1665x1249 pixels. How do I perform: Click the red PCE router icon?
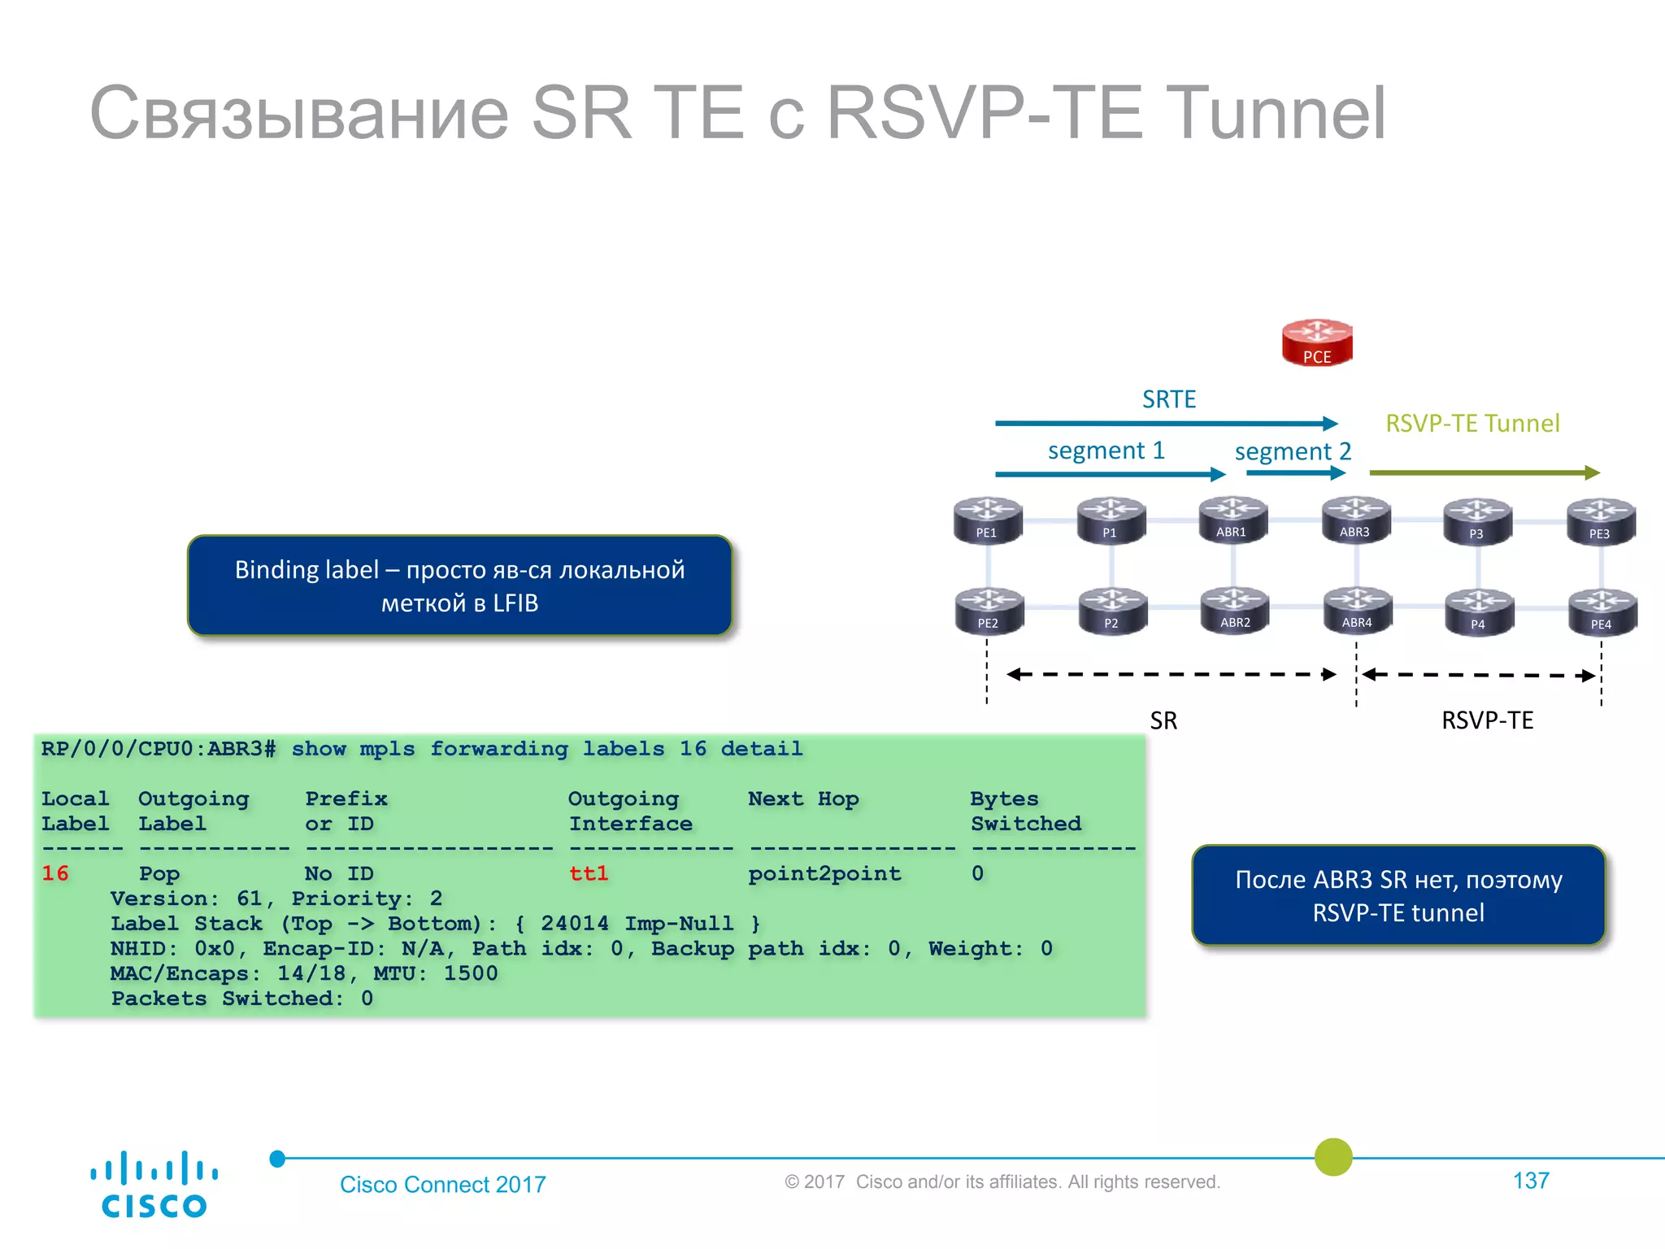[1317, 342]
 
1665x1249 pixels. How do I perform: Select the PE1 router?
[987, 520]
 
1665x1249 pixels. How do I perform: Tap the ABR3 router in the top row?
[1355, 520]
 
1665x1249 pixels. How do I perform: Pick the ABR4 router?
[1357, 610]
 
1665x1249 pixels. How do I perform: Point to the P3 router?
[1477, 521]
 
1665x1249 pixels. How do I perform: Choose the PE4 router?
[1601, 611]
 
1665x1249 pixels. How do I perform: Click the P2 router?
[1111, 611]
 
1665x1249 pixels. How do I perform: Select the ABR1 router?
[1232, 520]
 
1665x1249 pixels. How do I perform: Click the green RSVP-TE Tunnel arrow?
[1484, 472]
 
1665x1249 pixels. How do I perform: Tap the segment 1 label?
[1106, 450]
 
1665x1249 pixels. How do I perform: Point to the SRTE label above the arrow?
[1169, 399]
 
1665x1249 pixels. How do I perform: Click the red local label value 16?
[55, 873]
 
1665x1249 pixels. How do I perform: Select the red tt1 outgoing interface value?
[589, 873]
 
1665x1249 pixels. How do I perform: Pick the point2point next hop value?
[824, 873]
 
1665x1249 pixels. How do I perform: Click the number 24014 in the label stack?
[574, 924]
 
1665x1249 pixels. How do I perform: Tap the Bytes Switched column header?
[1025, 811]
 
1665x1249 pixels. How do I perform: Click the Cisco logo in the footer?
[154, 1184]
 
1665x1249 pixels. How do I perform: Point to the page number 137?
[1531, 1181]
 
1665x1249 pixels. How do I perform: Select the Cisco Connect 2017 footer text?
[443, 1184]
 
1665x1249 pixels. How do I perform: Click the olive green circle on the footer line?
[1333, 1157]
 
